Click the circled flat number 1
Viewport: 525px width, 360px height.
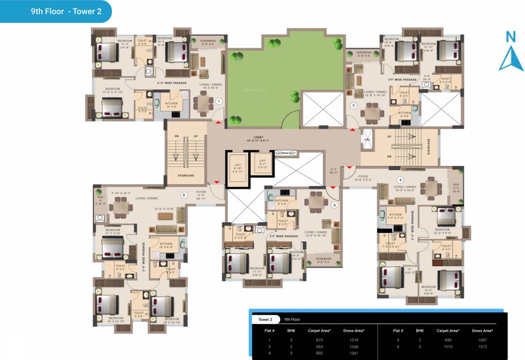(218, 101)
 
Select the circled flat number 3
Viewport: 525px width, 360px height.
(354, 105)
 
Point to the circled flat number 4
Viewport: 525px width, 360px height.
(400, 180)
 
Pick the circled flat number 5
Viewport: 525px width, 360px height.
(334, 204)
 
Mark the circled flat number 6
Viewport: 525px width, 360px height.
(184, 195)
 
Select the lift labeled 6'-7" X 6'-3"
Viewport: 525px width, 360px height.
(262, 163)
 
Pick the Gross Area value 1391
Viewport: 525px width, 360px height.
(354, 353)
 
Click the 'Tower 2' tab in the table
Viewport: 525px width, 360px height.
(265, 319)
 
